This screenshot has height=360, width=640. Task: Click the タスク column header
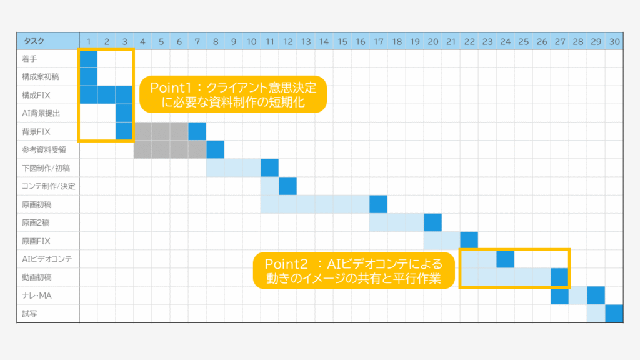pos(34,41)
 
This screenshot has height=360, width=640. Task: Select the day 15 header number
pos(342,42)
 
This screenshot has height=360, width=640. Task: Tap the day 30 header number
pos(614,42)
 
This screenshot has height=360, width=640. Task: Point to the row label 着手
pos(29,59)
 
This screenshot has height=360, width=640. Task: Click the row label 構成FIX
pos(36,95)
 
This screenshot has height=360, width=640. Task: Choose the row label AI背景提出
pos(41,113)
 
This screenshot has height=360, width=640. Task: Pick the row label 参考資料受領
pos(44,150)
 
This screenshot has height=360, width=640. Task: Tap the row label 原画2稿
pos(36,223)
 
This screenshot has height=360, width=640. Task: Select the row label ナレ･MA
pos(37,296)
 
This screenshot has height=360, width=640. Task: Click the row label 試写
pos(29,314)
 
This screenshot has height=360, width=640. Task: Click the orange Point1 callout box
pos(233,94)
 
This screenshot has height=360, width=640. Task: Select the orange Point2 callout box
pos(354,271)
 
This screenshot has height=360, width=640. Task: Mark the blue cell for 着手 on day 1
pos(89,59)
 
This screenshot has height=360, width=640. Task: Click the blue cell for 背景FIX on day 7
pos(197,131)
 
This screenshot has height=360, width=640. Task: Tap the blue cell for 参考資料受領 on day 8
pos(216,150)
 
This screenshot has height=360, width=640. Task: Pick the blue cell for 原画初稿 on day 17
pos(378,204)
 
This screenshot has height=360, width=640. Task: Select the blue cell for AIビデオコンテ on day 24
pos(505,259)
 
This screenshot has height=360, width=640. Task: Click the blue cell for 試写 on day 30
pos(614,314)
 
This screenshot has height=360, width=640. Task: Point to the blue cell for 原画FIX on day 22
pos(469,241)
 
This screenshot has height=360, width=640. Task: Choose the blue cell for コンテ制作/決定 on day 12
pos(287,186)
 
